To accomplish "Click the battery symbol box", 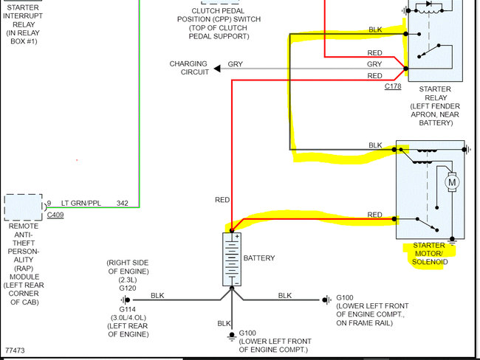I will coord(232,259).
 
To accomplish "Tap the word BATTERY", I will coord(258,258).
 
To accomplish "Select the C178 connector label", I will coord(393,86).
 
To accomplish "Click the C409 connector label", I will coord(55,215).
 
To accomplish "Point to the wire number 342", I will coord(123,202).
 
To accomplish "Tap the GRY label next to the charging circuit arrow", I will coord(235,64).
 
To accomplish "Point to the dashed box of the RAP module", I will coord(23,207).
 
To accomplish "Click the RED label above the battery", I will coord(222,199).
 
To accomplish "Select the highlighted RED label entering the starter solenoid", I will coord(374,215).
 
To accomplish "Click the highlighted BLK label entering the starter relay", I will coord(375,30).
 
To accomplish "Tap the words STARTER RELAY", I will coord(434,93).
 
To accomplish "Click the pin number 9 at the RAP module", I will coord(49,202).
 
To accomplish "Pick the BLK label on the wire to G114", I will coord(157,295).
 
